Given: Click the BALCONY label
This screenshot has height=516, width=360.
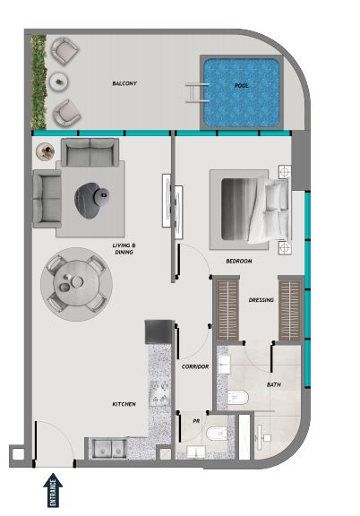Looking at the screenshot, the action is pos(124,83).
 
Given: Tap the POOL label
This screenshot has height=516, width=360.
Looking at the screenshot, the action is pos(242,86).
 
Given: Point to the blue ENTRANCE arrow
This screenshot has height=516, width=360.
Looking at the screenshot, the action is pos(53,490).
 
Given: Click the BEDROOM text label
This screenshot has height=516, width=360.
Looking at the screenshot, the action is pos(239,261).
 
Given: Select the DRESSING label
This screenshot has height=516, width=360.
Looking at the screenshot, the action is pos(261,300).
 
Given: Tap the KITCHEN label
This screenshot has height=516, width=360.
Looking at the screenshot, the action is pos(124,404).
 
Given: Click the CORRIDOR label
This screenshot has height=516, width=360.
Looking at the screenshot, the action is pos(195,366).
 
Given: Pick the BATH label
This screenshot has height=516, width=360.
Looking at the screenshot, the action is pos(274,384).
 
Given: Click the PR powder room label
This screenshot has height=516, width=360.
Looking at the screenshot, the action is pos(196,421).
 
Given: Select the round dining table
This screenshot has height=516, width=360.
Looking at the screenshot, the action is pos(76,283).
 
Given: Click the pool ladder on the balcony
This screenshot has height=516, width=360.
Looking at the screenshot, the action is pos(197,93).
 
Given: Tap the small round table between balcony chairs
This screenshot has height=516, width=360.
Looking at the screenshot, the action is pos(59,82).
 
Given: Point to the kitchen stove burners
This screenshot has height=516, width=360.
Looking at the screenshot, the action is pos(159,392).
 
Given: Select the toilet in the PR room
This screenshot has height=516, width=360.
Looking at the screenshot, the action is pos(217,434).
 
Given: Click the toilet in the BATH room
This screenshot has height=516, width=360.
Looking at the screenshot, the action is pos(238,397).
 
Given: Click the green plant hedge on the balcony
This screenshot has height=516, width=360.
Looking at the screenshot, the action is pos(39,82).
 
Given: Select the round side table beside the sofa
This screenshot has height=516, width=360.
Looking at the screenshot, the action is pos(46,151).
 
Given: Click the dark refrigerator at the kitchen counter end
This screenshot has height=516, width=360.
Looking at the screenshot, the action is pos(159,332).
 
